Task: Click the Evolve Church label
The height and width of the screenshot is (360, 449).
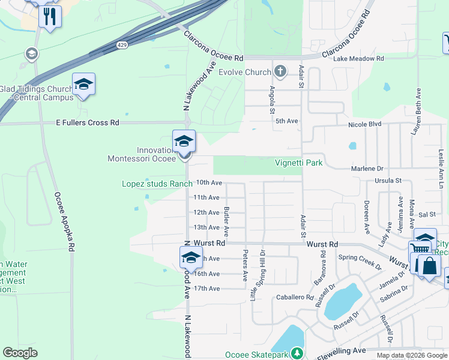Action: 244,73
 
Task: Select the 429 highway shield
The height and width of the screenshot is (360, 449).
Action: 122,45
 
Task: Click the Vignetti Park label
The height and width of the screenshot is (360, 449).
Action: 299,163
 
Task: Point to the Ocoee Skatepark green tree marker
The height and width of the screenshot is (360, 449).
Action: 296,354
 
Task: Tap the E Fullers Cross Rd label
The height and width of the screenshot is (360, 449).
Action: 88,122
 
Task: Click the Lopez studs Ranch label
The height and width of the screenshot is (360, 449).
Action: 157,184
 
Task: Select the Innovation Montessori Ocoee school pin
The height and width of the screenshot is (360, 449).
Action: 184,142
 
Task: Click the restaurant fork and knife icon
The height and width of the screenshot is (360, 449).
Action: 50,16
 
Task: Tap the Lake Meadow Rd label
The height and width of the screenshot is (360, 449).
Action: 358,59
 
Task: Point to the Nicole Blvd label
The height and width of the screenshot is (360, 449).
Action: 365,124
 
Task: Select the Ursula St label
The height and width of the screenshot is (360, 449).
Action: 387,181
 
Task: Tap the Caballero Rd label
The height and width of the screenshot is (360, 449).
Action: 295,297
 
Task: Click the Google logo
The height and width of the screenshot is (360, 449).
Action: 20,353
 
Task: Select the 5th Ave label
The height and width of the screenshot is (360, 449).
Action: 287,121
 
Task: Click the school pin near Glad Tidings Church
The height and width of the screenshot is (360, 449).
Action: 84,85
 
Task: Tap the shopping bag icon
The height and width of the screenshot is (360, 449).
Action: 429,266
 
